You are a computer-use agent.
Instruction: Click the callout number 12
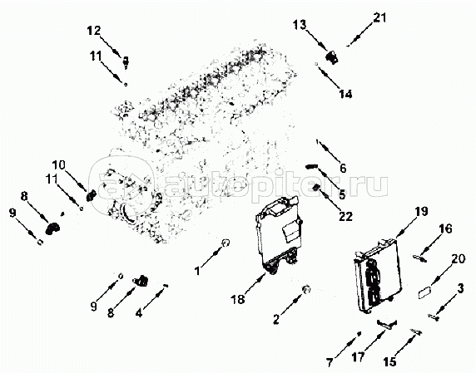pyautogui.click(x=94, y=31)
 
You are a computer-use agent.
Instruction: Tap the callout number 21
pyautogui.click(x=379, y=18)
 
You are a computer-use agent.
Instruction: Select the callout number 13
pyautogui.click(x=300, y=25)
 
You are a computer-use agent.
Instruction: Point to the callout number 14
pyautogui.click(x=345, y=94)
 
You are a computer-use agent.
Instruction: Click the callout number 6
pyautogui.click(x=343, y=168)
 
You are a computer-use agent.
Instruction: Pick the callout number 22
pyautogui.click(x=345, y=216)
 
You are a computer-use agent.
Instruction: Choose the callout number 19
pyautogui.click(x=421, y=212)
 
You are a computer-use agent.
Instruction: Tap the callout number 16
pyautogui.click(x=446, y=228)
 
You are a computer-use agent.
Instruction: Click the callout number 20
pyautogui.click(x=459, y=259)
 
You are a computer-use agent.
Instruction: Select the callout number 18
pyautogui.click(x=238, y=300)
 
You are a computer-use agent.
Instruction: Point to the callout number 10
pyautogui.click(x=58, y=165)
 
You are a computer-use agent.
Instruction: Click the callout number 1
pyautogui.click(x=197, y=271)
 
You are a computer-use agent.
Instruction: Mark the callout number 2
pyautogui.click(x=276, y=319)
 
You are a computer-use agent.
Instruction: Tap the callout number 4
pyautogui.click(x=139, y=312)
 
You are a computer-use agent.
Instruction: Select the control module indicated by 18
pyautogui.click(x=279, y=235)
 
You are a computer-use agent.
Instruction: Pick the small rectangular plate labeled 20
pyautogui.click(x=425, y=294)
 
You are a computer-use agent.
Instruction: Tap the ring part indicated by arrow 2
pyautogui.click(x=306, y=289)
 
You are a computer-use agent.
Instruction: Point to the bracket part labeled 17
pyautogui.click(x=387, y=324)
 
